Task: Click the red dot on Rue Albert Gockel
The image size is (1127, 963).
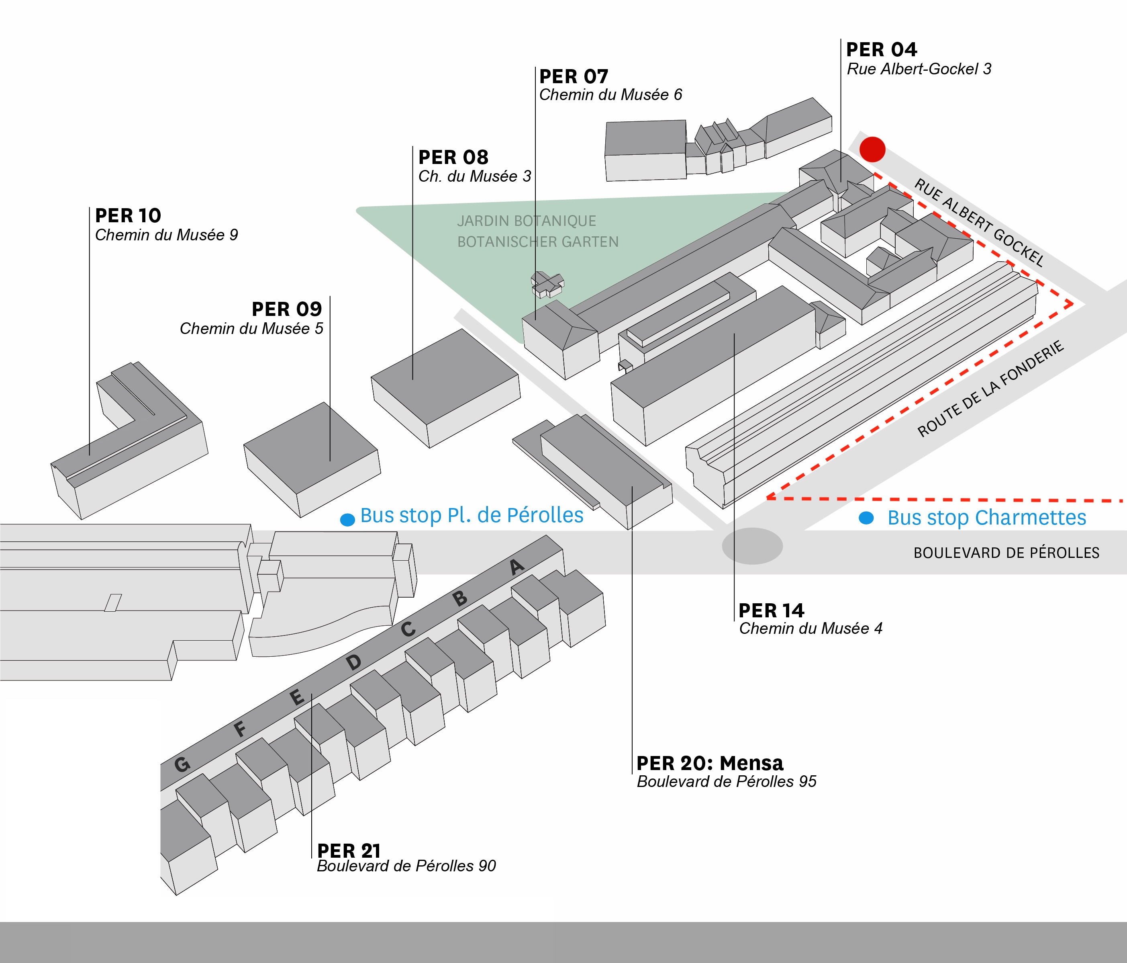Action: tap(872, 149)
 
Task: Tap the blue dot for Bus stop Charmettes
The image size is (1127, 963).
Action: tap(866, 518)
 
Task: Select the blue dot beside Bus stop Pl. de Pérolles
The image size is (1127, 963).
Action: tap(347, 519)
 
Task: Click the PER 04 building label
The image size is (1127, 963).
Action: tap(882, 49)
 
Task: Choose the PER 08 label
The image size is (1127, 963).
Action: tap(453, 157)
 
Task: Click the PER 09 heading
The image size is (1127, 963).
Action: tap(287, 309)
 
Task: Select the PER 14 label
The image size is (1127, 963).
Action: tap(771, 610)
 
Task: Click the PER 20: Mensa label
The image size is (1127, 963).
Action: tap(710, 763)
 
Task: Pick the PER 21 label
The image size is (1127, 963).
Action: tap(349, 851)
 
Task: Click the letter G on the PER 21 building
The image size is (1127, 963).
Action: tap(182, 765)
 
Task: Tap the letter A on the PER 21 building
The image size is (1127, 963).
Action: tap(517, 567)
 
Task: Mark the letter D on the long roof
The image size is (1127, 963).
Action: tap(353, 662)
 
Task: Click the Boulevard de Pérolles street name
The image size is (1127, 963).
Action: tap(1006, 553)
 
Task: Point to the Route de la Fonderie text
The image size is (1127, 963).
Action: tap(990, 389)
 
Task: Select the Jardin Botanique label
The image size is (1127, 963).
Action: tap(527, 221)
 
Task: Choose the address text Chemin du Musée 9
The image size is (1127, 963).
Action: tap(166, 235)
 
